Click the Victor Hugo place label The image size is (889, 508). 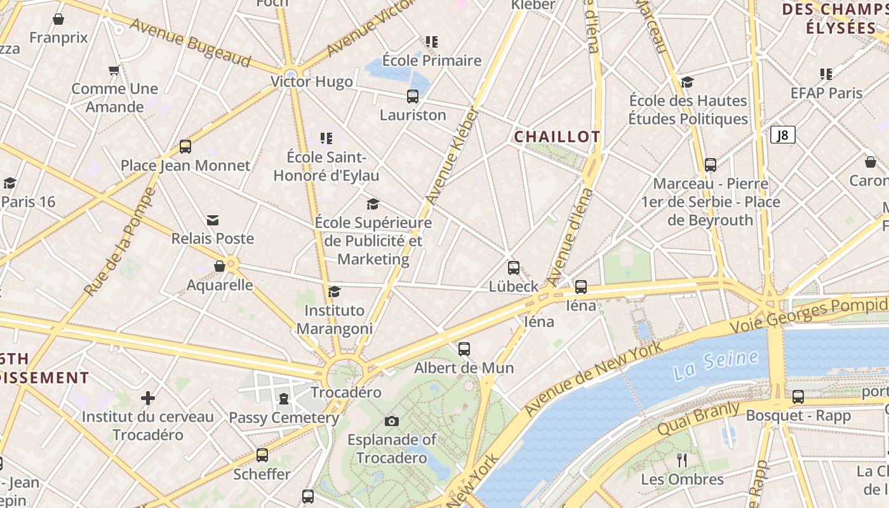(x=311, y=82)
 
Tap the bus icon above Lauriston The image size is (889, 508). (x=413, y=97)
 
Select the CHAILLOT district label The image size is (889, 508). (x=557, y=137)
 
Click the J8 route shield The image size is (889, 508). (x=783, y=135)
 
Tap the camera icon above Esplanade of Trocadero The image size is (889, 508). (x=392, y=421)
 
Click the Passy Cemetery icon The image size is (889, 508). (x=283, y=399)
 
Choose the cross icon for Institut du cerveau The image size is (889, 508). (x=148, y=398)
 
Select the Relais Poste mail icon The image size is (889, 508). (x=213, y=220)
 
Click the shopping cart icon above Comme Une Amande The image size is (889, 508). (x=114, y=70)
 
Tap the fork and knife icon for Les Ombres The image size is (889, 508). (x=682, y=460)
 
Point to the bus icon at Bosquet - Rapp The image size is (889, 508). (x=798, y=397)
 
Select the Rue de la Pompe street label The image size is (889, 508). (x=121, y=241)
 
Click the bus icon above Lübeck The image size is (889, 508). (x=514, y=268)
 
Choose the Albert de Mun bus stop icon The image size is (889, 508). (x=464, y=349)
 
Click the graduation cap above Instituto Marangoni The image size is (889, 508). (x=334, y=291)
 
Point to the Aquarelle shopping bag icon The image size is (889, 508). (x=220, y=266)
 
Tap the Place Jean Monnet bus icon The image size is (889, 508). (x=185, y=147)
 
